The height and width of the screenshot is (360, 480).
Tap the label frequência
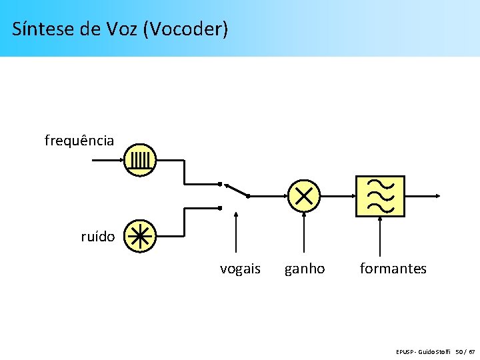click(79, 141)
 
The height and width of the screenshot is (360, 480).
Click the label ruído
click(98, 237)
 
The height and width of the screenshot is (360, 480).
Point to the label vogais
click(240, 269)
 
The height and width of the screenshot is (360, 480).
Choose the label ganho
click(305, 269)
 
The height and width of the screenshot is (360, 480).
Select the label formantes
click(393, 269)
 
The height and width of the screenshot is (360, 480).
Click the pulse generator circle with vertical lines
click(141, 160)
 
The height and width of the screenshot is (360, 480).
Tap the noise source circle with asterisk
click(141, 236)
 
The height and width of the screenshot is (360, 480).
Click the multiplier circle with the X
click(304, 196)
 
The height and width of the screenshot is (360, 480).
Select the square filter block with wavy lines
click(380, 196)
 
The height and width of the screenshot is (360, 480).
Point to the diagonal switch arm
click(236, 190)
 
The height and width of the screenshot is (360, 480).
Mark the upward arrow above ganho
click(304, 230)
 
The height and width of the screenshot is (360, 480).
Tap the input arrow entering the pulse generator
click(107, 160)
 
